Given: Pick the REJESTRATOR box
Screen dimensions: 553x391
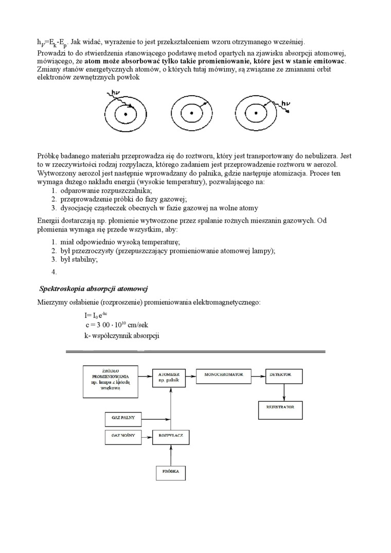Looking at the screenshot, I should [280, 409].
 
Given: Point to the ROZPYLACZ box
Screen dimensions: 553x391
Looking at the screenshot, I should [171, 437].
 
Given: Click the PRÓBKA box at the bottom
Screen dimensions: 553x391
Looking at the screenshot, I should [171, 472].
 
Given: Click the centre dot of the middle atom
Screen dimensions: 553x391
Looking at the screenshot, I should [191, 113].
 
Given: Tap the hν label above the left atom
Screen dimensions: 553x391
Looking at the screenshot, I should [116, 93].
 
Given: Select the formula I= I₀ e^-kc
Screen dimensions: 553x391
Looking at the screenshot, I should [96, 315].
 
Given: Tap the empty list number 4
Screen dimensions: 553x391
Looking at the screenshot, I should [54, 273].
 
